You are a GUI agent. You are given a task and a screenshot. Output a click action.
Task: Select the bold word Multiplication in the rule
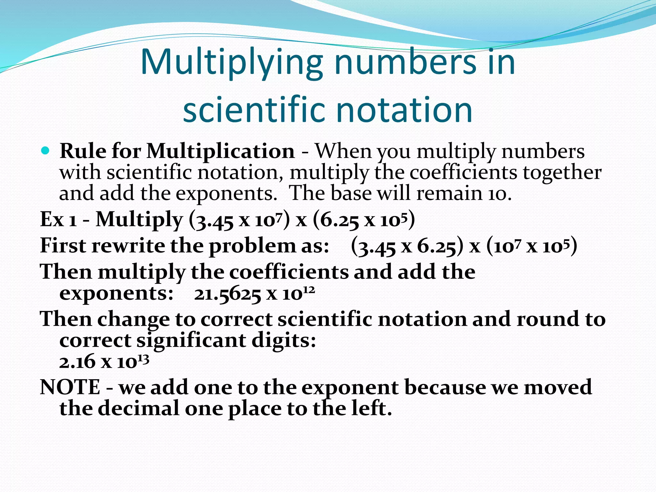pos(220,151)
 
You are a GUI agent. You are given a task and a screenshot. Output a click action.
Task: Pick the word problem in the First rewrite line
pos(252,246)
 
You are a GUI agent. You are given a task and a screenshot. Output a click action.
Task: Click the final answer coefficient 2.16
pos(77,362)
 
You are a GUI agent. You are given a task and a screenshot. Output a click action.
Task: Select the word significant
pos(191,340)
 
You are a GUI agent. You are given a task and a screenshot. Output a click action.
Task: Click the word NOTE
pos(70,387)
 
